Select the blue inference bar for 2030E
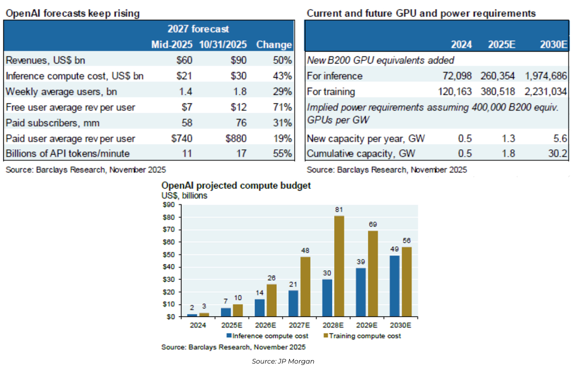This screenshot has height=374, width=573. tap(393, 286)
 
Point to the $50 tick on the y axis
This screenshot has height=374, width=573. tap(168, 255)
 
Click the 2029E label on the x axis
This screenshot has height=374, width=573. tap(366, 325)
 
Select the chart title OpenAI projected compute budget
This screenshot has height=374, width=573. tap(236, 185)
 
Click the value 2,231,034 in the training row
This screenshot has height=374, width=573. tap(546, 91)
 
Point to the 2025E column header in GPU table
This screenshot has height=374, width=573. tap(501, 45)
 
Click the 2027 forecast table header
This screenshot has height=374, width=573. tap(198, 29)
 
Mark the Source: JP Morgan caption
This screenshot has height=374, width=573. tap(283, 361)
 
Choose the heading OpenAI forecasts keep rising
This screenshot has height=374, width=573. tap(72, 13)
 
